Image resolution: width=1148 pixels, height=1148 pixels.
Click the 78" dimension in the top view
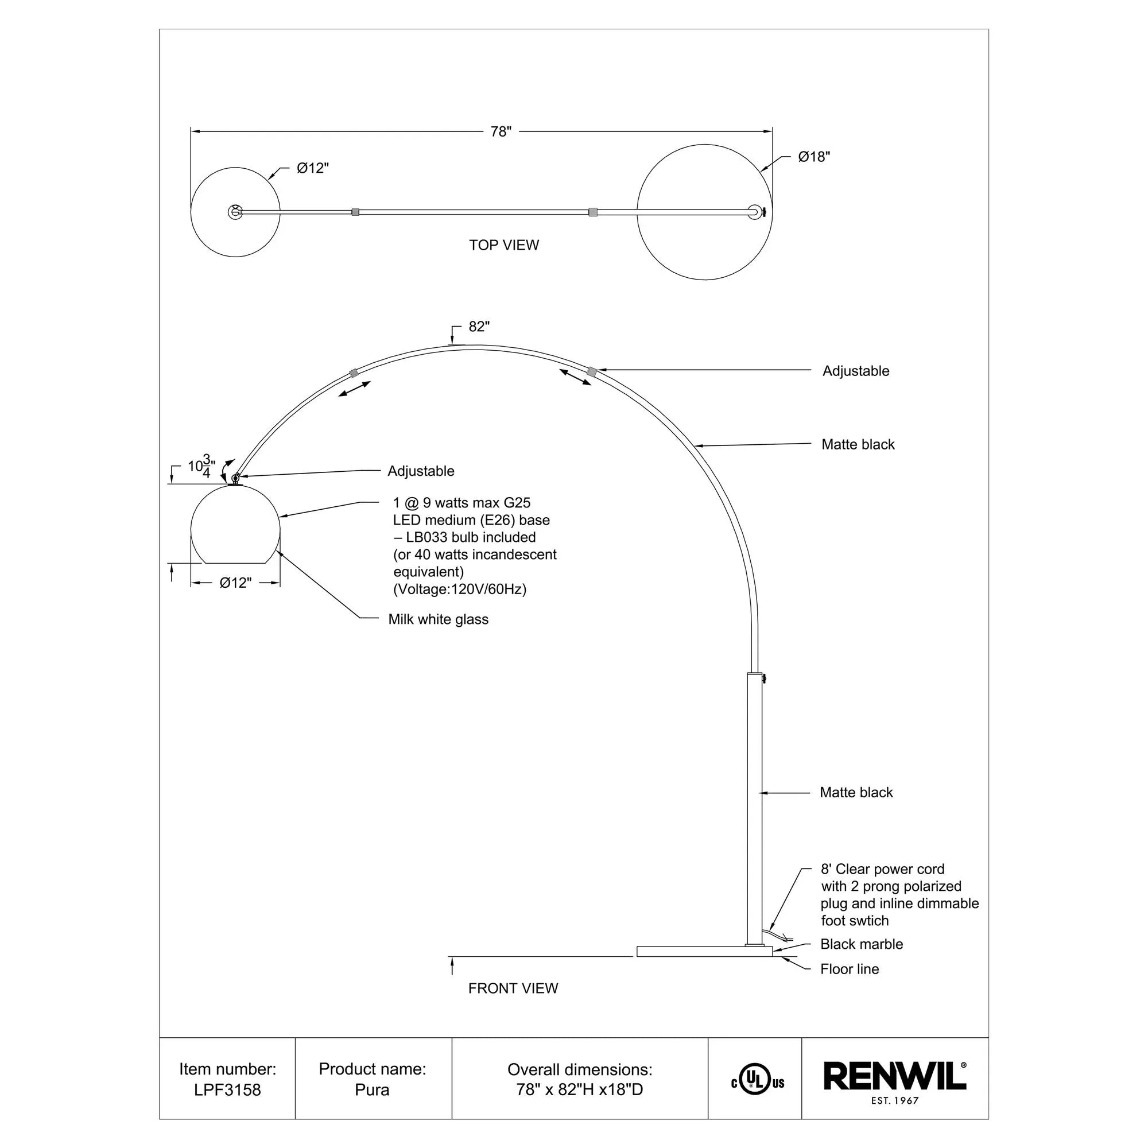point(501,131)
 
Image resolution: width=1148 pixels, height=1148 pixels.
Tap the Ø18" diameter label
point(813,157)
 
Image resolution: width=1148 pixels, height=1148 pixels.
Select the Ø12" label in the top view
point(313,168)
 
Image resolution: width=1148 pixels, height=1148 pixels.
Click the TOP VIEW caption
point(504,246)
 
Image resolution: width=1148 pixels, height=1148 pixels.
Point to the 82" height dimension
point(479,327)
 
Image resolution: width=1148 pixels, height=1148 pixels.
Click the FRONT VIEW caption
point(513,988)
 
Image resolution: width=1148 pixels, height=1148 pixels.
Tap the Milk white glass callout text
point(438,619)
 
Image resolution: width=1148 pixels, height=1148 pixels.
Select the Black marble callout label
point(861,944)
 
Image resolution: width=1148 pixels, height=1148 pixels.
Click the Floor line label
point(849,969)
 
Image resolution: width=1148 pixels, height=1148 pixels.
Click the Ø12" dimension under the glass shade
point(235,583)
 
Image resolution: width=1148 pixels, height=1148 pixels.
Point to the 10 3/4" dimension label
point(201,467)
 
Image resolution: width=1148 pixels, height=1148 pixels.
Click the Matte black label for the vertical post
point(856,792)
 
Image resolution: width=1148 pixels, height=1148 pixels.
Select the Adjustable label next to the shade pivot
point(421,471)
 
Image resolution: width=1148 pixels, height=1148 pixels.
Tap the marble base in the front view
point(704,951)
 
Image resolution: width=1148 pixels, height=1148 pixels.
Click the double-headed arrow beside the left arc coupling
point(355,389)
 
